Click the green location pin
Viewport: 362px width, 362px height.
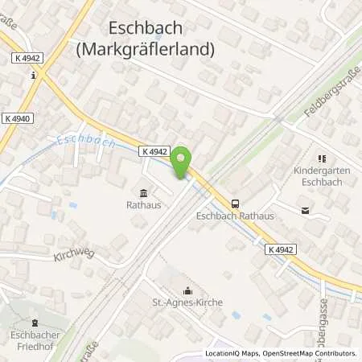pos(182,162)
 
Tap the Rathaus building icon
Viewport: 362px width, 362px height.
pos(143,192)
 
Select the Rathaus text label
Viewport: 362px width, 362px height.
pos(143,205)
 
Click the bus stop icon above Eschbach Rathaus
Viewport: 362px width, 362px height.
pos(235,204)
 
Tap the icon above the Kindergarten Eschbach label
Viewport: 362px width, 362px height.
pos(323,159)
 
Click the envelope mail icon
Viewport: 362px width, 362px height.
pos(305,212)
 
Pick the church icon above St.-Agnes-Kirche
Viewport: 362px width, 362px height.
pos(188,291)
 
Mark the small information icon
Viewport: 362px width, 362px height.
pos(32,76)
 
